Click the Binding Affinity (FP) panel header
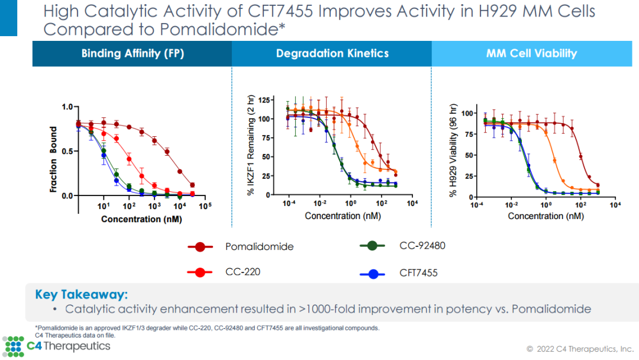(x=133, y=54)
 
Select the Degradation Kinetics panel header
(x=332, y=54)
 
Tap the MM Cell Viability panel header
(x=531, y=54)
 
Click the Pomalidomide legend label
(x=259, y=247)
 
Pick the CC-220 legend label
(x=243, y=272)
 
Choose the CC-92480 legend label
(x=422, y=245)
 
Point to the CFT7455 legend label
(x=418, y=273)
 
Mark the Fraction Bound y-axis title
(x=54, y=159)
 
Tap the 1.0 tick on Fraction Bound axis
(x=67, y=107)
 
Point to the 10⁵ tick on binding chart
(x=205, y=207)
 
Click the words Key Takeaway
(x=81, y=295)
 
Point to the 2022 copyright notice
(x=580, y=348)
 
